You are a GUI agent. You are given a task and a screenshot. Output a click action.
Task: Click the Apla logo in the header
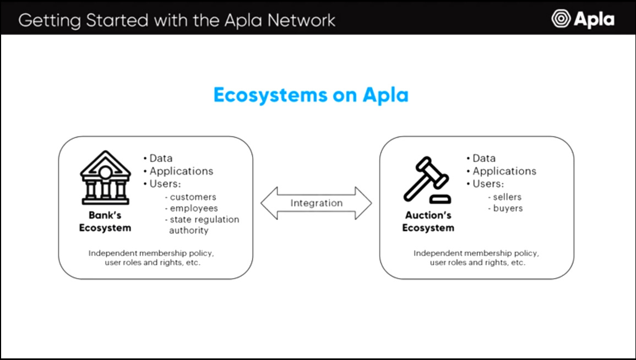tap(583, 19)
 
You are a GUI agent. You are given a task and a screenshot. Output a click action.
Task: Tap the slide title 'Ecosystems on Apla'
tap(311, 95)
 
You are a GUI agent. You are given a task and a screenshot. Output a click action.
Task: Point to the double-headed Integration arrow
tap(316, 203)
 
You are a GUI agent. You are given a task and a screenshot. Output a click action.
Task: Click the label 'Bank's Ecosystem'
tap(105, 221)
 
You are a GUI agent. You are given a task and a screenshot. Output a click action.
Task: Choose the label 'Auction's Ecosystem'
tap(428, 221)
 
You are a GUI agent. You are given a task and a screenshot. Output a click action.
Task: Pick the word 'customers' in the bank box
tap(193, 197)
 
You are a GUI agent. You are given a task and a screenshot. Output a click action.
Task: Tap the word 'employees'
tap(194, 209)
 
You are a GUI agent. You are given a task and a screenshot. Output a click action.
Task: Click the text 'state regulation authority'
tap(204, 225)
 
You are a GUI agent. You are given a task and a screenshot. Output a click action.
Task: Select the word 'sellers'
tap(507, 197)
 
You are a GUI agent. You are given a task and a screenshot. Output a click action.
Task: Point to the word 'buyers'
tap(508, 209)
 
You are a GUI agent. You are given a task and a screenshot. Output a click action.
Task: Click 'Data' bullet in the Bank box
tap(160, 159)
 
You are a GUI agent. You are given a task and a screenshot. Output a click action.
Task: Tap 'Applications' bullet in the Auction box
tap(504, 171)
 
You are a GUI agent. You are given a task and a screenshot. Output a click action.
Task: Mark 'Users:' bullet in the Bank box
tap(165, 184)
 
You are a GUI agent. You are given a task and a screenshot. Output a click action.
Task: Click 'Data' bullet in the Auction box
tap(483, 159)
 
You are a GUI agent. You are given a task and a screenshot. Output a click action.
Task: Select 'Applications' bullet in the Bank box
tap(181, 171)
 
